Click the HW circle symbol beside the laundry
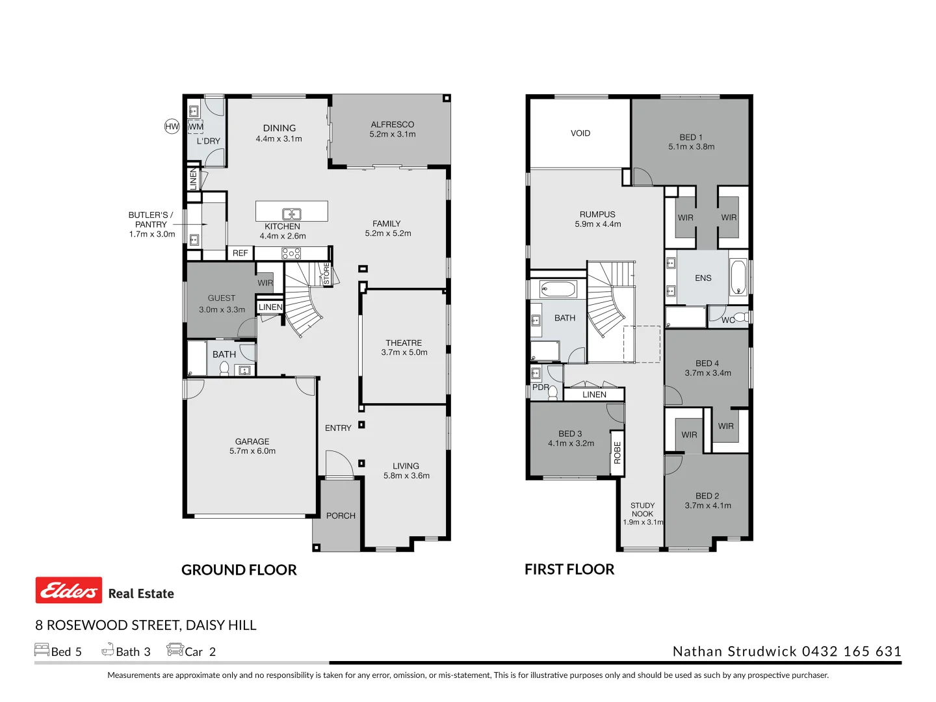click(172, 127)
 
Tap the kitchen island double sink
click(292, 214)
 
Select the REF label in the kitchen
click(240, 253)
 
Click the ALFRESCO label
click(392, 124)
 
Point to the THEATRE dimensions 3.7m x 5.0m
click(404, 353)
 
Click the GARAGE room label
click(252, 441)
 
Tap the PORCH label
click(341, 515)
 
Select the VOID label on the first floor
click(580, 133)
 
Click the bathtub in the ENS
click(738, 278)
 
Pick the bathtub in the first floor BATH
click(558, 289)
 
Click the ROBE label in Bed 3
click(617, 452)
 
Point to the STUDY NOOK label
click(643, 510)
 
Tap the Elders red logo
click(69, 590)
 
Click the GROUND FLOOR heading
click(239, 570)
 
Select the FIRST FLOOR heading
click(569, 569)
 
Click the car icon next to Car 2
click(175, 649)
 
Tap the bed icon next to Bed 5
click(42, 649)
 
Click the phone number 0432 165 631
click(851, 651)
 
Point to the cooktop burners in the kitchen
click(291, 253)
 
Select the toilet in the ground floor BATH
click(224, 369)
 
